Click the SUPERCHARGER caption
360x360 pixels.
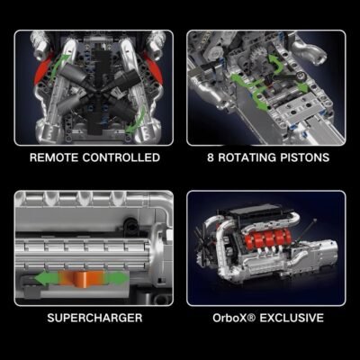tap(94, 318)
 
